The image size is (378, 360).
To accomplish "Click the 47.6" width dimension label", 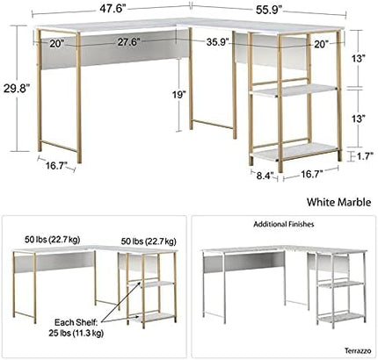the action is [x=113, y=8].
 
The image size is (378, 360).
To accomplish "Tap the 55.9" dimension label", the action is [x=269, y=10].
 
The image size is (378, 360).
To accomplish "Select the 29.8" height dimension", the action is [x=17, y=88].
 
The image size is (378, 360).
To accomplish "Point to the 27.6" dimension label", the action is [x=128, y=42].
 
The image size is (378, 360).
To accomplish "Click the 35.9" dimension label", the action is [x=217, y=42].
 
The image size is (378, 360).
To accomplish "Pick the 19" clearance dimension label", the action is [x=178, y=94].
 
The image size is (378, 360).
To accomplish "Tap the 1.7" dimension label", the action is [x=365, y=156].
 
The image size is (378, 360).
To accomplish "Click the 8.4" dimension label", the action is [x=265, y=176].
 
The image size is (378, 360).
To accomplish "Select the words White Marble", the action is [x=338, y=202].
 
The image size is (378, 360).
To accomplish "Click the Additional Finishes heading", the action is [x=284, y=224].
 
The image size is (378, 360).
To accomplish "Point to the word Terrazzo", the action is [x=358, y=350].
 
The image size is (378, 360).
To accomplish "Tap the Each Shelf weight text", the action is [x=76, y=328].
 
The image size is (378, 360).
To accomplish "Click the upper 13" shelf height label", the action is [x=359, y=59].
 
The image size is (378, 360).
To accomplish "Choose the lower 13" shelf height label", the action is [x=359, y=119].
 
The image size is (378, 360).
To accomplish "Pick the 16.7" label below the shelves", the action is [x=311, y=175].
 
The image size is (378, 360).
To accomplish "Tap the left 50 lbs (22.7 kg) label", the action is [x=53, y=240].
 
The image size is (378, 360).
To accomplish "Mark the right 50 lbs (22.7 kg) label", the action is [x=149, y=241].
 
